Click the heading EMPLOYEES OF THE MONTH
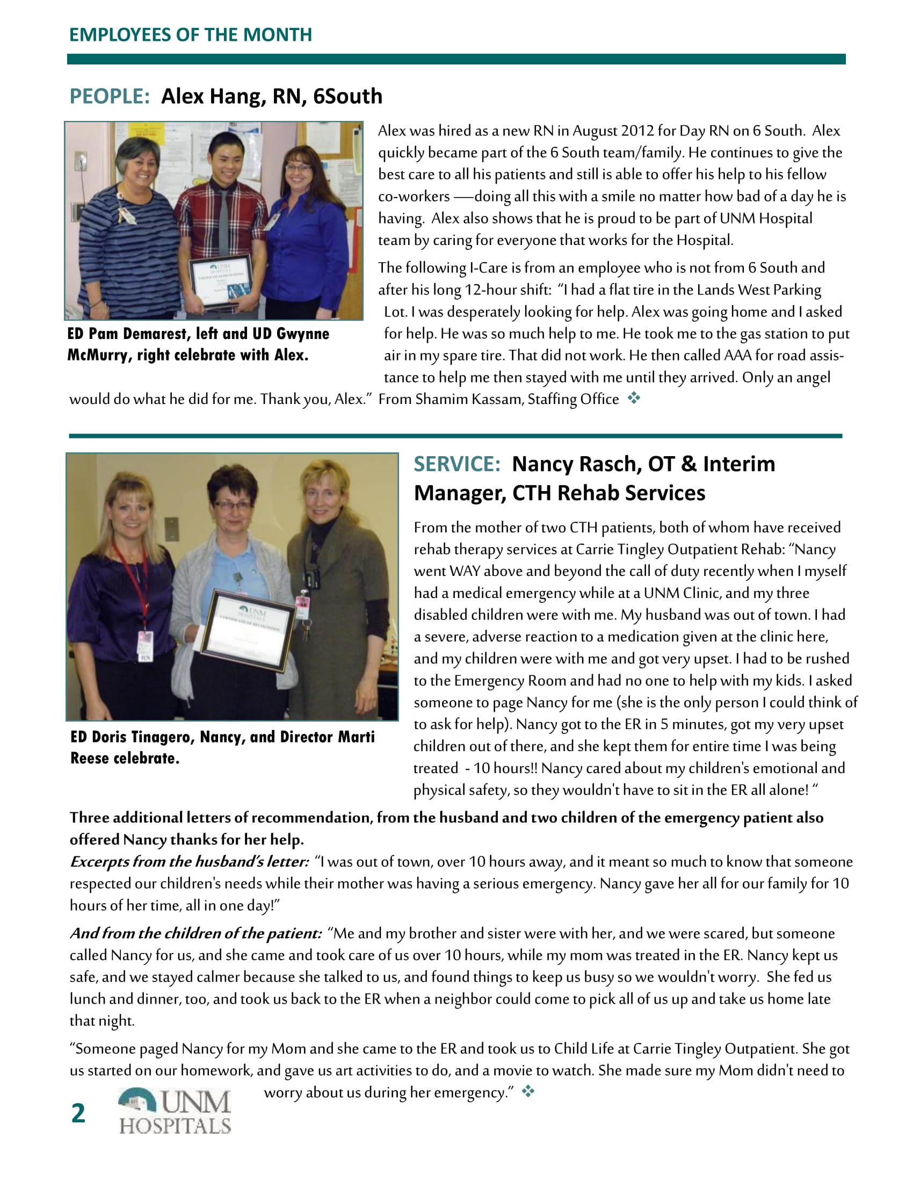click(191, 34)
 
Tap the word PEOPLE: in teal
click(109, 96)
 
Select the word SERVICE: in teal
click(457, 464)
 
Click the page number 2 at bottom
click(78, 1113)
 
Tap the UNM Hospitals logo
click(175, 1111)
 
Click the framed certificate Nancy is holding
click(248, 631)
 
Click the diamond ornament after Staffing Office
click(634, 398)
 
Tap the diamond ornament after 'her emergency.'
click(528, 1092)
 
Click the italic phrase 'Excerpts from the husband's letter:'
click(189, 862)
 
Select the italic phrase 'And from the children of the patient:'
click(196, 934)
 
